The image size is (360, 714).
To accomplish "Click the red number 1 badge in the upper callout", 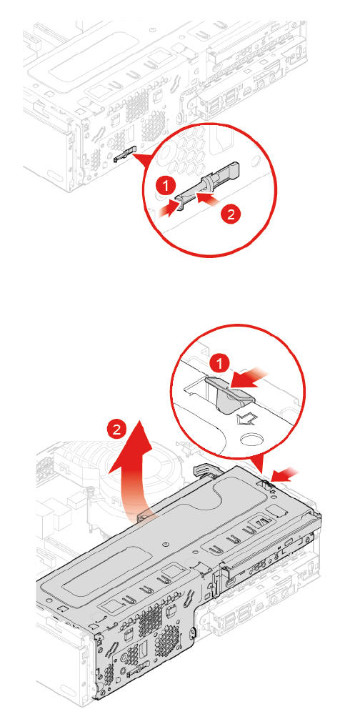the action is pyautogui.click(x=168, y=185).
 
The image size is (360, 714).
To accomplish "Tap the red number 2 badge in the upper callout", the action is pyautogui.click(x=231, y=214).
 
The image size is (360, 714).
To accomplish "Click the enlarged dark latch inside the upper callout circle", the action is pyautogui.click(x=208, y=184).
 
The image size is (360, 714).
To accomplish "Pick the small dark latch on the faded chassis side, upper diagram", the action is pyautogui.click(x=124, y=154).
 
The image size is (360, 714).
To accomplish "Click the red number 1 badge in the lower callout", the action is pyautogui.click(x=221, y=364).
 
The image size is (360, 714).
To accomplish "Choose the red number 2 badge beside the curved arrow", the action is pyautogui.click(x=117, y=430).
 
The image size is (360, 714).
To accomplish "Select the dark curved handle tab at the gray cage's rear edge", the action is pyautogui.click(x=203, y=471).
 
